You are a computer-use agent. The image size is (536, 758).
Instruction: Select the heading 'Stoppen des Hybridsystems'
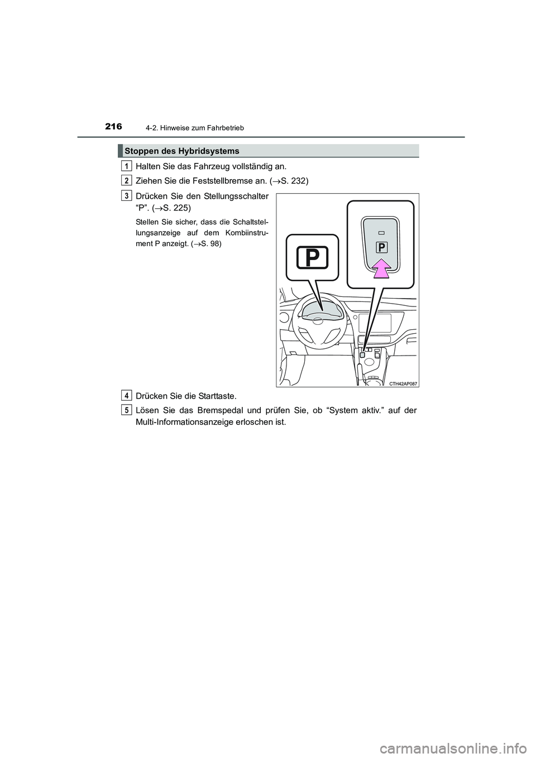coord(182,151)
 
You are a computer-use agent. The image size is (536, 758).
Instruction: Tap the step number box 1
coord(128,165)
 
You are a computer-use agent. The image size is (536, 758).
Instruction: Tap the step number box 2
coord(128,180)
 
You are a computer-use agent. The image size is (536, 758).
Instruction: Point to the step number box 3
coord(128,195)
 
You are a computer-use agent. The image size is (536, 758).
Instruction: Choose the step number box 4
coord(128,395)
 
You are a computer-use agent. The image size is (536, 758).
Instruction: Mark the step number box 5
coord(128,410)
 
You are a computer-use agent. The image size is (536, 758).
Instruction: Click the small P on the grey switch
coord(382,247)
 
